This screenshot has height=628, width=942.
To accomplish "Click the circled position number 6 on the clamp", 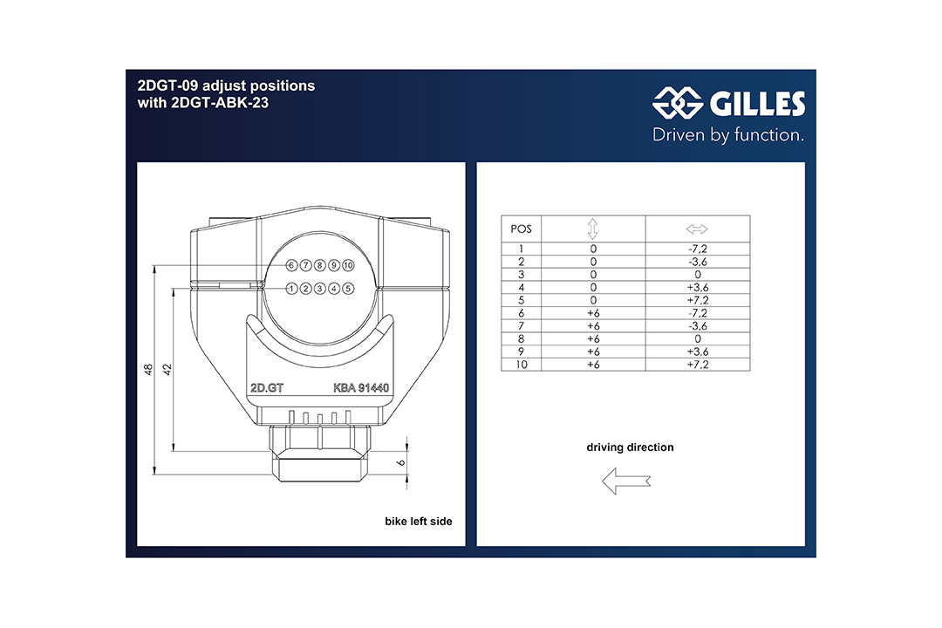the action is tap(291, 265).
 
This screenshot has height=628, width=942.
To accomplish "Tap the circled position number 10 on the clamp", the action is tap(348, 265).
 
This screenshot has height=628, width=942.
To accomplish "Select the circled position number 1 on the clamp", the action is tap(291, 289).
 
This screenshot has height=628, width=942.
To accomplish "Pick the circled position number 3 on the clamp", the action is tap(319, 289).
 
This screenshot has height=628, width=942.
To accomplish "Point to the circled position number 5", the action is tap(348, 289).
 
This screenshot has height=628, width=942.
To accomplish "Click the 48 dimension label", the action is tap(148, 370).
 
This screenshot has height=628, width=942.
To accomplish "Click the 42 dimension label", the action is tap(167, 370).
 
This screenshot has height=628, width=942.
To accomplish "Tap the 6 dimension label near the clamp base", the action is tap(400, 463).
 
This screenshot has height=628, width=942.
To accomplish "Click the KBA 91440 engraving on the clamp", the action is tap(361, 388).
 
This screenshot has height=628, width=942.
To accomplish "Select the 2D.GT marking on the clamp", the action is tap(267, 388).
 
